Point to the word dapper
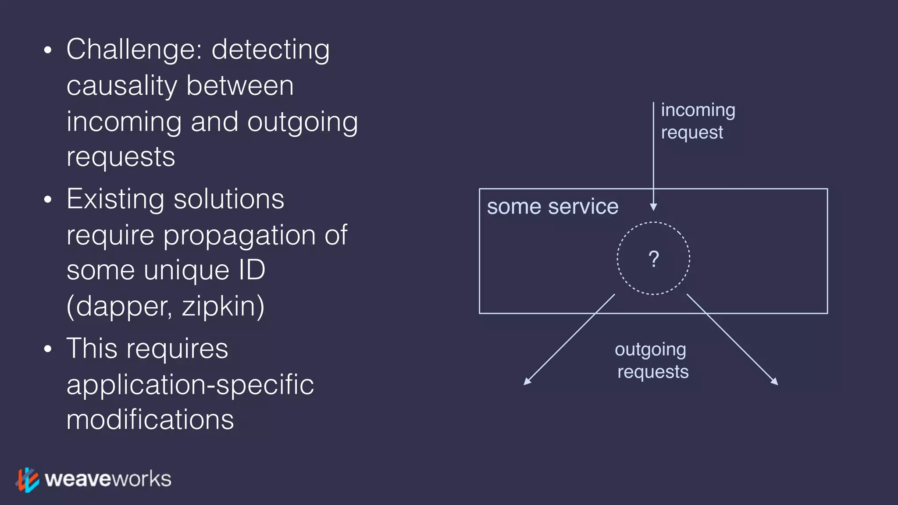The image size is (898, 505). pyautogui.click(x=123, y=306)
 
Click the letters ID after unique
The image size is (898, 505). pyautogui.click(x=252, y=270)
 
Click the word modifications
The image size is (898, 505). pyautogui.click(x=150, y=420)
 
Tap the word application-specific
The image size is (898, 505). pyautogui.click(x=190, y=385)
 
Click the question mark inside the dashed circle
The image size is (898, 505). pyautogui.click(x=653, y=259)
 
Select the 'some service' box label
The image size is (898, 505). pyautogui.click(x=552, y=206)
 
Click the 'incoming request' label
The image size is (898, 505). pyautogui.click(x=697, y=121)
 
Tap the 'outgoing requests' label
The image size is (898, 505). pyautogui.click(x=652, y=360)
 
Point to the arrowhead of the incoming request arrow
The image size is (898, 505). pyautogui.click(x=653, y=207)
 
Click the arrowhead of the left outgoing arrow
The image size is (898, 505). pyautogui.click(x=527, y=382)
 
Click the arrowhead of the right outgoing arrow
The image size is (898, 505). pyautogui.click(x=775, y=382)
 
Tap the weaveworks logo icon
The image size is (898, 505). pyautogui.click(x=28, y=480)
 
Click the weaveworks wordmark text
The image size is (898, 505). pyautogui.click(x=108, y=479)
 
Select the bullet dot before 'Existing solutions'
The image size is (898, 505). pyautogui.click(x=48, y=200)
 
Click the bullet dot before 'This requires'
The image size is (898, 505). pyautogui.click(x=48, y=349)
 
